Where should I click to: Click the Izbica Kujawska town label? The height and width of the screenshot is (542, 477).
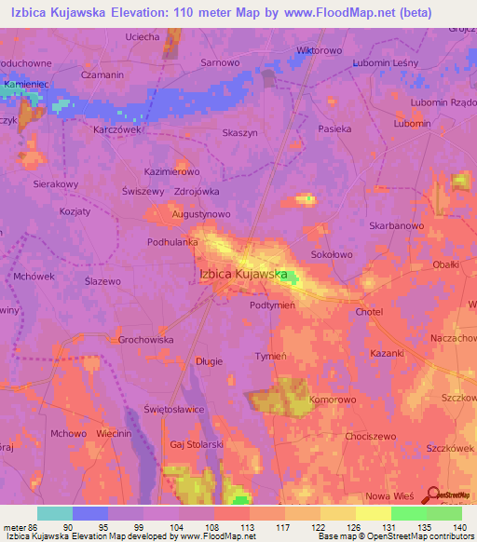click(242, 274)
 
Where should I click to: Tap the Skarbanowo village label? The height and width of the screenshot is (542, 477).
click(397, 225)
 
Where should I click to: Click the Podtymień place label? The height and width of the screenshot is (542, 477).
click(273, 305)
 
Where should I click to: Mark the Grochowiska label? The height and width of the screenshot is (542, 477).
click(146, 340)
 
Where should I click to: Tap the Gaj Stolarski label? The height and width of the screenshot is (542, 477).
click(197, 445)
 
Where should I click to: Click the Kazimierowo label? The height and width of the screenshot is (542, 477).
click(172, 172)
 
